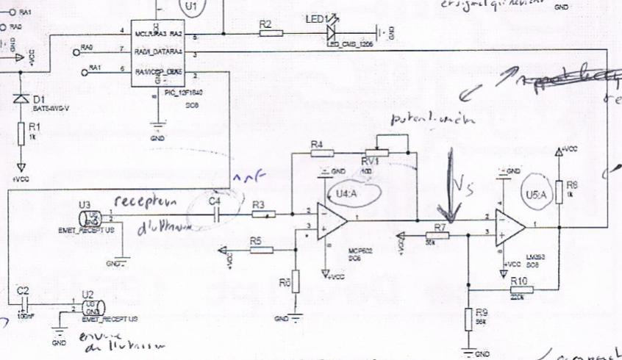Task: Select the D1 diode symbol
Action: (x=21, y=98)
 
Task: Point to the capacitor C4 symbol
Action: (x=215, y=214)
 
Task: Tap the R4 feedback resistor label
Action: (x=317, y=144)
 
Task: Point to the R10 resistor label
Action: (x=518, y=281)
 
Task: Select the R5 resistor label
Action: (x=255, y=240)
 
